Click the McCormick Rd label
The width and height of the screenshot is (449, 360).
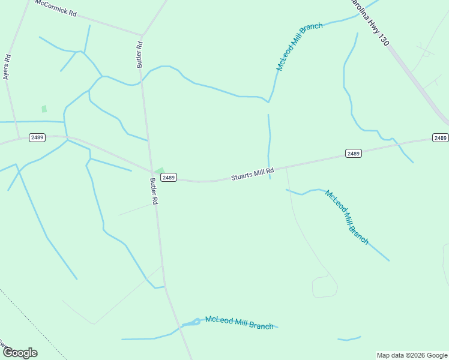click(56, 8)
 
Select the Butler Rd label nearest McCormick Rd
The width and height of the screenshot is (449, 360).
click(140, 54)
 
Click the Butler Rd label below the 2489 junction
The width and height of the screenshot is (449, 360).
click(154, 191)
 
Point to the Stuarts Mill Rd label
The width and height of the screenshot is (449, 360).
click(253, 175)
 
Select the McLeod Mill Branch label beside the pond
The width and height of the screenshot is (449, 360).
click(239, 322)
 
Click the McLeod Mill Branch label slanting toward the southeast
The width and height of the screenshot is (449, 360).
click(346, 217)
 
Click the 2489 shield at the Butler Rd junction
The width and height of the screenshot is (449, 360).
click(169, 177)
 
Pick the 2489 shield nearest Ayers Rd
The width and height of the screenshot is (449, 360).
click(37, 137)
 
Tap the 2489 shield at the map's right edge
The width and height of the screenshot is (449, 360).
click(441, 138)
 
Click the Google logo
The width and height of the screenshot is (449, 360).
click(20, 353)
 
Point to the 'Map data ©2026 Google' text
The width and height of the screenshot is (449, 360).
click(412, 355)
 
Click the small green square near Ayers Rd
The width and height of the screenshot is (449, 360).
click(44, 109)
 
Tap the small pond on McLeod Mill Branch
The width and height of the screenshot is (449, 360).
click(191, 323)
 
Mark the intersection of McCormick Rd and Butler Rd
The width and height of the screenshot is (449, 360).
click(142, 35)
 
